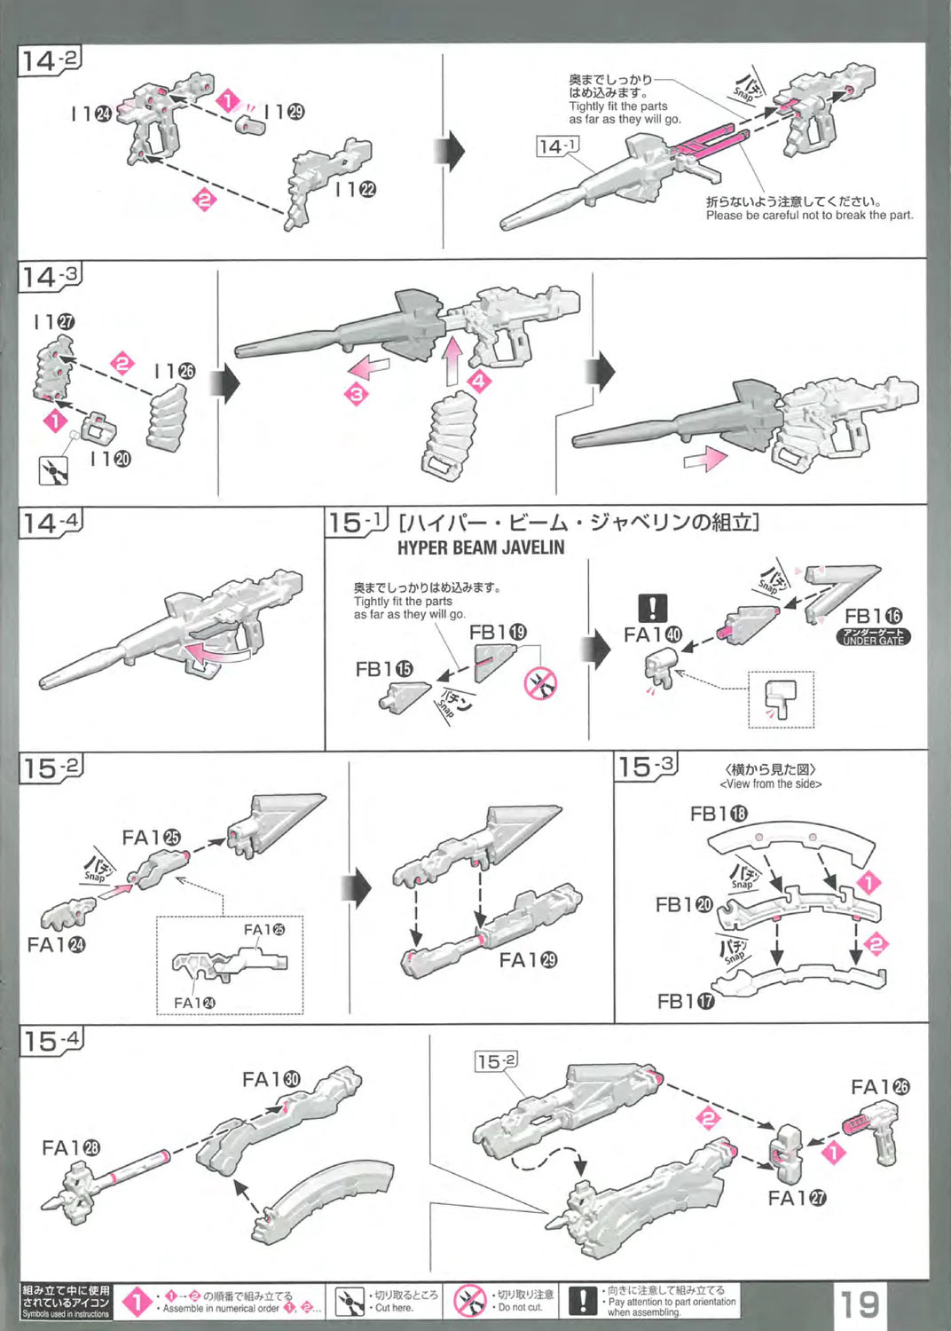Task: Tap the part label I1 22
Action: [356, 189]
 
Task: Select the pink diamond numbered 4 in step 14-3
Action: [479, 382]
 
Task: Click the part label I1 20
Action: [110, 459]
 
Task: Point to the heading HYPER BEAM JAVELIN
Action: [480, 547]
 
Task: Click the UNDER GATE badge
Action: [873, 636]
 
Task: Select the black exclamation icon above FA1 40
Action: [652, 608]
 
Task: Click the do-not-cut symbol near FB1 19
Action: [540, 683]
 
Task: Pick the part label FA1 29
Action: [528, 960]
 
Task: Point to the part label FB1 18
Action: [719, 814]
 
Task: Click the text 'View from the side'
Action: [770, 784]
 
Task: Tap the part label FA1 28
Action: [71, 1148]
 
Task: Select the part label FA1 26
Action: [880, 1087]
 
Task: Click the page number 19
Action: [859, 1303]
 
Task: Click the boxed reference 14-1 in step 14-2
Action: [558, 146]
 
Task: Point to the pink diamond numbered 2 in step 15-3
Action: [876, 943]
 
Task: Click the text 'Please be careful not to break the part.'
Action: [809, 216]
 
